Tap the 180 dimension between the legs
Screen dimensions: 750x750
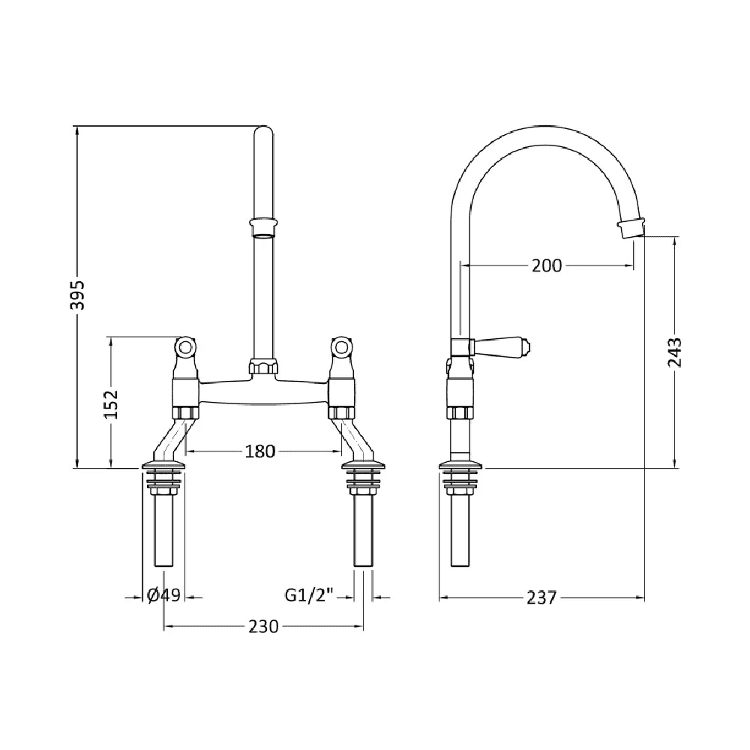[260, 451]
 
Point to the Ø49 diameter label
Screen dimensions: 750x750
[163, 595]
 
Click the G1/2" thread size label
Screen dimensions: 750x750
[308, 595]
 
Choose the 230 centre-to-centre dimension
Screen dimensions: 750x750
[263, 626]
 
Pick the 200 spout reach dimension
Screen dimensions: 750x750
[546, 265]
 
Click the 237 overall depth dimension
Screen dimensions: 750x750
[541, 597]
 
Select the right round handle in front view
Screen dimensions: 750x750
[341, 347]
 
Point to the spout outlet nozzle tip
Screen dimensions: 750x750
[631, 226]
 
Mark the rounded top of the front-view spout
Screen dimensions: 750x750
[263, 133]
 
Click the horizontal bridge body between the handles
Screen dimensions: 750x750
[263, 391]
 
